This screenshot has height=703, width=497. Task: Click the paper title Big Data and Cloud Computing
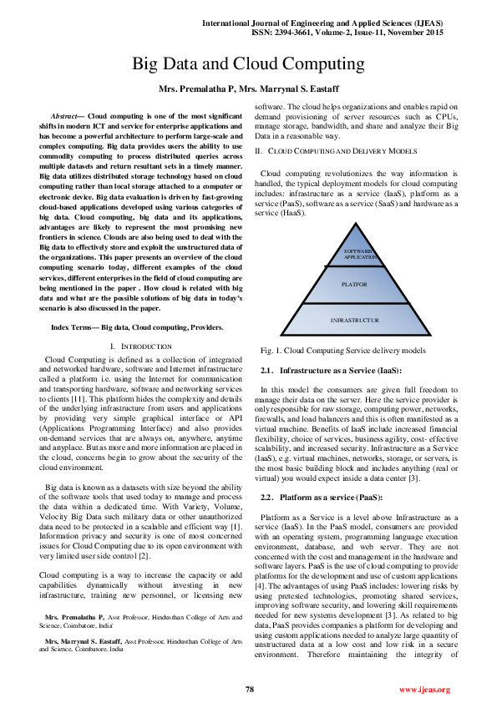point(248,64)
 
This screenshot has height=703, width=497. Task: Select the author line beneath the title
point(248,88)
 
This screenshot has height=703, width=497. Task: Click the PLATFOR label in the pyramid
point(354,285)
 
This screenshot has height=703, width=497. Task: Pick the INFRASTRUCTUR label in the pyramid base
point(354,320)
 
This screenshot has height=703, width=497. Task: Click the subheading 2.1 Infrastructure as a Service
point(332,369)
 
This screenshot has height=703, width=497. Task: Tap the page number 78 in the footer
point(249,689)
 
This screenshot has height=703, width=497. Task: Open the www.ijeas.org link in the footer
point(425,690)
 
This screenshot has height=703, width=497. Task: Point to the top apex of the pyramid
point(355,224)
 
